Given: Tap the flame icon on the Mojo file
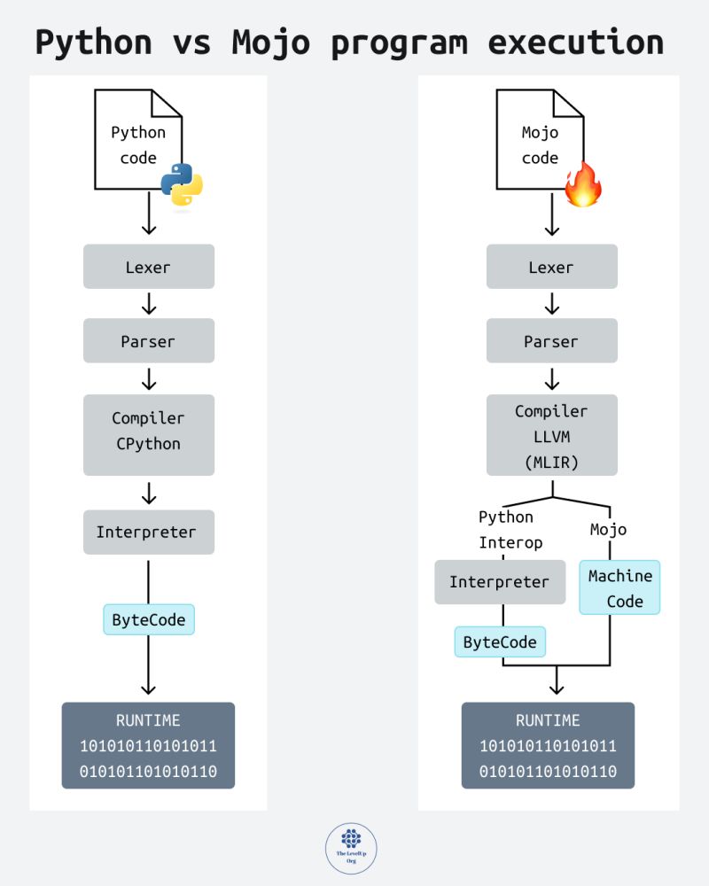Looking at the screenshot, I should (583, 184).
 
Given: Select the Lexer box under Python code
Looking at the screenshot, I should (149, 267).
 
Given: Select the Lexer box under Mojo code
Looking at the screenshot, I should (551, 267).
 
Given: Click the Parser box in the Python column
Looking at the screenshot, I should (149, 341).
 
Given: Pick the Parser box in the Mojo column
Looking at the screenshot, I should (551, 341).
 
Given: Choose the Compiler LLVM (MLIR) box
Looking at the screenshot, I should (551, 434).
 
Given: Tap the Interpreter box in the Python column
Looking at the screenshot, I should (149, 532).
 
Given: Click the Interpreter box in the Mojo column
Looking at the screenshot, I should (500, 582).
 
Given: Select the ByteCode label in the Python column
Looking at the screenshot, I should (149, 619).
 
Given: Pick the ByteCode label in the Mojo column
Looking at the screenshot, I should (500, 642).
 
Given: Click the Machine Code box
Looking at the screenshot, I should (619, 588).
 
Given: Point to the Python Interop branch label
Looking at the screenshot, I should (506, 529).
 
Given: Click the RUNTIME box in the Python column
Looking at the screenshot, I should (148, 745).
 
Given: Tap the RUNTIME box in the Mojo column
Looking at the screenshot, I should (548, 745).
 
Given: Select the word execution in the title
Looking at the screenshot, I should (574, 42).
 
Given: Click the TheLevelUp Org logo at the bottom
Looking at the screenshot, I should (351, 848).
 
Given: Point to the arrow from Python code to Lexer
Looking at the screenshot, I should (149, 213).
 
